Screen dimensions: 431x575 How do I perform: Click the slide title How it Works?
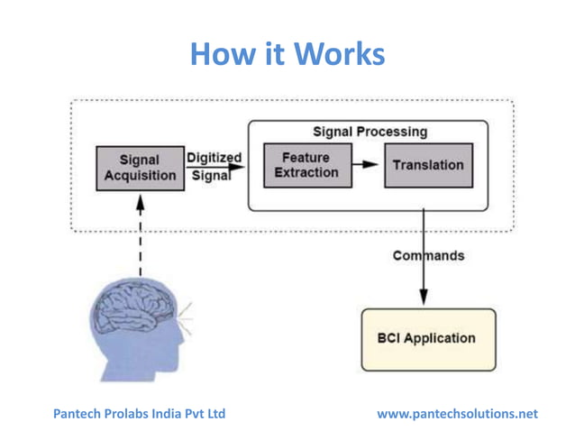click(x=287, y=54)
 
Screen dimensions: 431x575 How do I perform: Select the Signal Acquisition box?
click(x=140, y=168)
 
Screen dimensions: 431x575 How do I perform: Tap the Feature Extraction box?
click(x=306, y=165)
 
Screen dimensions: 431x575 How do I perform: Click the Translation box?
click(x=428, y=165)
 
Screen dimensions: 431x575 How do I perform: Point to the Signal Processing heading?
click(x=370, y=132)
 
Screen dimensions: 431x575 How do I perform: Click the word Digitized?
click(x=214, y=158)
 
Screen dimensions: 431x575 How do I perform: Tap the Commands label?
click(x=428, y=255)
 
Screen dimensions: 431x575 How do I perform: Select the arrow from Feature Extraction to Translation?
click(x=364, y=165)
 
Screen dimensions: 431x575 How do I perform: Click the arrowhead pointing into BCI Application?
click(x=424, y=299)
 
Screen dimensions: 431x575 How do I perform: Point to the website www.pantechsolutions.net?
click(x=457, y=413)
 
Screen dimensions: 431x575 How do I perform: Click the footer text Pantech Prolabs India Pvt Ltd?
click(x=140, y=413)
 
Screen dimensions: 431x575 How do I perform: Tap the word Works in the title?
click(x=342, y=54)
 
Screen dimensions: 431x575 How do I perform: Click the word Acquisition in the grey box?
click(x=140, y=176)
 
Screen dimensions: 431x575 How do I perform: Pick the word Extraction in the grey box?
click(x=306, y=173)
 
